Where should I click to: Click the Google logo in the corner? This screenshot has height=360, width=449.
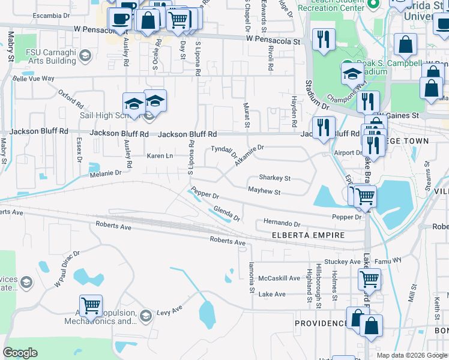20,353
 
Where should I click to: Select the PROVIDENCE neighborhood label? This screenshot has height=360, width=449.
321,323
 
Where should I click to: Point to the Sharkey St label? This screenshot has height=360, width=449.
274,178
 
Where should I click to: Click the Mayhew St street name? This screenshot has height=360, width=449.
265,191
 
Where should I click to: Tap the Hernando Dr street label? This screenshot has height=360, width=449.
282,223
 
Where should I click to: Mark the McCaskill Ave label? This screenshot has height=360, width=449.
279,278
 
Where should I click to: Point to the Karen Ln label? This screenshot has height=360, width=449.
160,156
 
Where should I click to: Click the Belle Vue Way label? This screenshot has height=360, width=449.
34,79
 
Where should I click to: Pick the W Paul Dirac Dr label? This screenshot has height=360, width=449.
67,268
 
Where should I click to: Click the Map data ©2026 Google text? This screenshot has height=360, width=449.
411,355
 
